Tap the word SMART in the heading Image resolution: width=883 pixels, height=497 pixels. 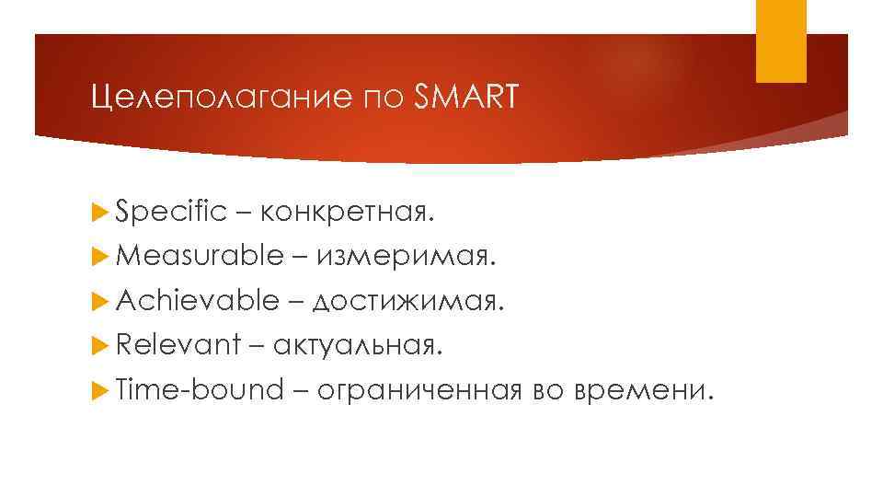tap(467, 96)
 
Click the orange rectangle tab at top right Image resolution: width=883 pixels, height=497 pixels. tap(781, 40)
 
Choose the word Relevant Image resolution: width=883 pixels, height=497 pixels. tap(177, 345)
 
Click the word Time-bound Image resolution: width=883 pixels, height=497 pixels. tap(201, 389)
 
